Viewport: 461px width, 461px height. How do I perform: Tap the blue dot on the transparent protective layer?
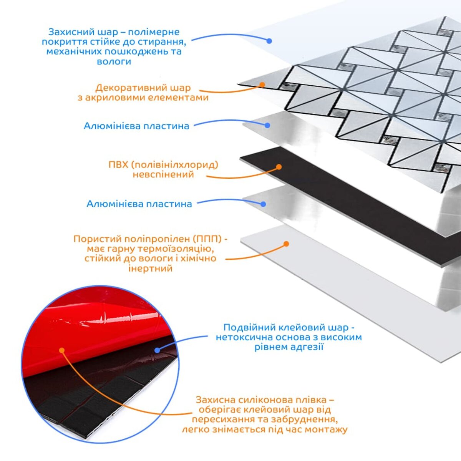[269, 41]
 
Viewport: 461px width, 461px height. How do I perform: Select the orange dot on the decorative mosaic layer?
[262, 85]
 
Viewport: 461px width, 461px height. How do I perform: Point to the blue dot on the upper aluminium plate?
[267, 125]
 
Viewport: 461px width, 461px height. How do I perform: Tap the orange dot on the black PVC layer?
[279, 167]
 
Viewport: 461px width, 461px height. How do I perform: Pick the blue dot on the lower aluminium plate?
[264, 204]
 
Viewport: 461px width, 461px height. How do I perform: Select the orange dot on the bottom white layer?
[286, 244]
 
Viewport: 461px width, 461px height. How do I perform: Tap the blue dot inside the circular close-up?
[157, 350]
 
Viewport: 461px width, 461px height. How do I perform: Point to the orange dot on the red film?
[61, 350]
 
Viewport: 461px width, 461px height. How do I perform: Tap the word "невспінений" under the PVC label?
[163, 174]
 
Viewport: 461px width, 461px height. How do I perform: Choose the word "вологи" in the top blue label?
[114, 61]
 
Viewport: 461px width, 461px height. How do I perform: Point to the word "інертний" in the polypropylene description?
[150, 268]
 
